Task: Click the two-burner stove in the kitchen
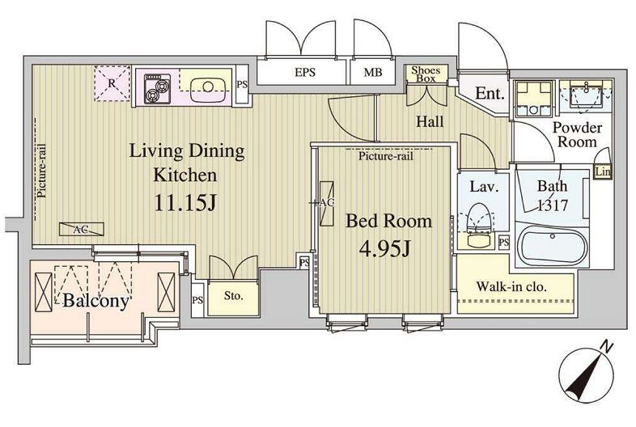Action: click(157, 88)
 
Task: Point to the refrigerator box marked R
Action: click(112, 83)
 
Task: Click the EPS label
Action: click(304, 73)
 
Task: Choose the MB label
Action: click(373, 73)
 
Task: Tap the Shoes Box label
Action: click(426, 74)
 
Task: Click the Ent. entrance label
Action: click(490, 94)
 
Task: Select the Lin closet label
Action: click(603, 172)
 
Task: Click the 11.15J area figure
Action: click(184, 203)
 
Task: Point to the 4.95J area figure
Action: click(385, 248)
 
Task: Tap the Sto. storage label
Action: click(234, 296)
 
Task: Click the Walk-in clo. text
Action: click(511, 287)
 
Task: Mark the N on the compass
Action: click(605, 347)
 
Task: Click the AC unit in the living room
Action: click(82, 229)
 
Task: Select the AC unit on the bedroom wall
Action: click(327, 203)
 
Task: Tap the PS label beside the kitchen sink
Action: click(242, 85)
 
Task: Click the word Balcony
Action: click(96, 301)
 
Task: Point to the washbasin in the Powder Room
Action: click(586, 96)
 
